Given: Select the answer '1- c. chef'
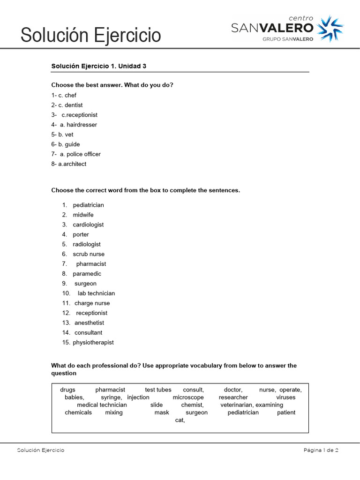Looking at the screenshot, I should click(64, 95).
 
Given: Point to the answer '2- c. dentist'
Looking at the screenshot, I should click(67, 105).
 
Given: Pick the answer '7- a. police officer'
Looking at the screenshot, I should click(76, 154).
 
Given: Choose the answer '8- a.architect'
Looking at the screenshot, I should click(69, 164).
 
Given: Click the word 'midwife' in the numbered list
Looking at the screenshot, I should click(83, 215).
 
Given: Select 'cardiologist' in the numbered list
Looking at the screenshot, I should click(88, 225).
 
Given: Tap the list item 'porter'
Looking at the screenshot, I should click(81, 234).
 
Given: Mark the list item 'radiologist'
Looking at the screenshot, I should click(87, 244).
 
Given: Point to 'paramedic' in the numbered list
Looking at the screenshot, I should click(87, 274).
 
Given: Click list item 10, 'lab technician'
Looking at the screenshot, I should click(96, 293).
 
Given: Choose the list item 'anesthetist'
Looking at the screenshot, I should click(89, 323).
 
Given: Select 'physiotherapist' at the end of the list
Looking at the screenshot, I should click(93, 343).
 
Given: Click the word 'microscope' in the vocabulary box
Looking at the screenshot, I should click(188, 397).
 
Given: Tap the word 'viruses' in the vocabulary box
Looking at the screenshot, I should click(286, 397).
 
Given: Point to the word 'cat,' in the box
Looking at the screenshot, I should click(180, 420).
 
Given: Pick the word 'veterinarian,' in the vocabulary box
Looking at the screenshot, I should click(237, 405).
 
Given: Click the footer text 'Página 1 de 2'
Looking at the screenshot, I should click(321, 450).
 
